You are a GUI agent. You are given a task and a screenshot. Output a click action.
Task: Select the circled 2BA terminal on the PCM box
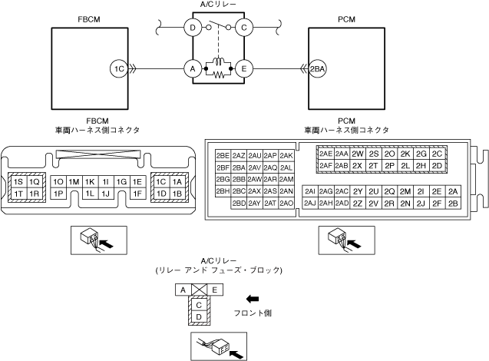pyautogui.click(x=316, y=68)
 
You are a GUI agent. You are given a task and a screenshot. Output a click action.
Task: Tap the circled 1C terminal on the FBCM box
pyautogui.click(x=118, y=68)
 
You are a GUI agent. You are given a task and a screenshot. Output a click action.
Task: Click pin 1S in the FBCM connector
pyautogui.click(x=18, y=181)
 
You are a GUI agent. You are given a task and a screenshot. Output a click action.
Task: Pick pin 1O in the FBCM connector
pyautogui.click(x=58, y=181)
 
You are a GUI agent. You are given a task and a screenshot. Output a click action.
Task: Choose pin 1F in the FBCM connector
pyautogui.click(x=138, y=194)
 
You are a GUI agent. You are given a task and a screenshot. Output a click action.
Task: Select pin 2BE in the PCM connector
pyautogui.click(x=223, y=154)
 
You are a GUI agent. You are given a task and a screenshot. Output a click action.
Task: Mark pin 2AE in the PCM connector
pyautogui.click(x=325, y=153)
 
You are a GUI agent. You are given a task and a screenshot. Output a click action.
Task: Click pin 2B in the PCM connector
pyautogui.click(x=453, y=204)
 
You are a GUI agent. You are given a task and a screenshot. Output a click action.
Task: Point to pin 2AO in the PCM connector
pyautogui.click(x=287, y=204)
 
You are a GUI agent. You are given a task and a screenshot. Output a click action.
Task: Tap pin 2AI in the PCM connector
pyautogui.click(x=310, y=191)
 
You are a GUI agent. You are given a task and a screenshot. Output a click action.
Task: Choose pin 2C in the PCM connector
pyautogui.click(x=437, y=153)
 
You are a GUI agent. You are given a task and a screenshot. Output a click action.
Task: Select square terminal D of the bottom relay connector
pyautogui.click(x=198, y=316)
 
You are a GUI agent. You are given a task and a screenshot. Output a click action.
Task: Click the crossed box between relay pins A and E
pyautogui.click(x=198, y=290)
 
